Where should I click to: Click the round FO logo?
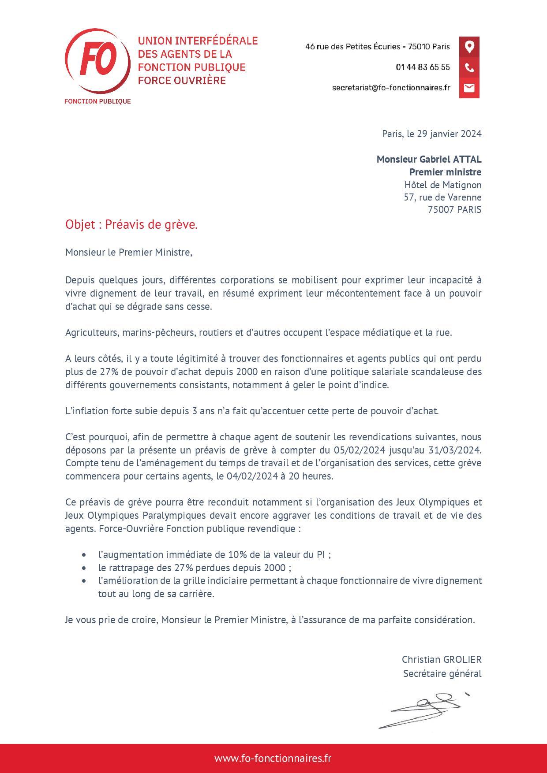97,62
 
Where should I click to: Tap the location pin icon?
469,47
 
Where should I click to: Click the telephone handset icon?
469,68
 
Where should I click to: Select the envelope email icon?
469,88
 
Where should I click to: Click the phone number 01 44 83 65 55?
423,67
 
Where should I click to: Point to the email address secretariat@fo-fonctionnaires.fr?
391,88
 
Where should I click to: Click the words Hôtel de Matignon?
442,185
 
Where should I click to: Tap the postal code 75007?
441,210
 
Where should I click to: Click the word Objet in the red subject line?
80,225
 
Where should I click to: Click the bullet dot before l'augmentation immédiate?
84,555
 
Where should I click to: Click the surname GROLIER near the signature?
461,660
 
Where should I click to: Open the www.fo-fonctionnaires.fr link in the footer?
273,758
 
